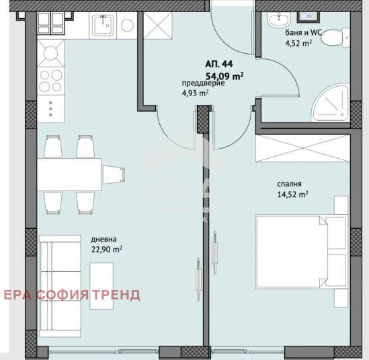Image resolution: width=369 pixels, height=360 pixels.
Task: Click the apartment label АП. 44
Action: point(219,64)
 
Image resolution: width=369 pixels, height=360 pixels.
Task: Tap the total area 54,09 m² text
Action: point(224,76)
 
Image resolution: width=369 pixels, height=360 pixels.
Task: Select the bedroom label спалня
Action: point(289,184)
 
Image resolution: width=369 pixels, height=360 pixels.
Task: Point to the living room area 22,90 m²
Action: point(107,249)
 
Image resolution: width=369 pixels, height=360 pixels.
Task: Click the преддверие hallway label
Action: point(204,83)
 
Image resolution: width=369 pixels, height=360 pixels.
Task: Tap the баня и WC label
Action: point(303,33)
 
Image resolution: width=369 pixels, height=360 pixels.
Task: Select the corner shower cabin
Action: point(330,103)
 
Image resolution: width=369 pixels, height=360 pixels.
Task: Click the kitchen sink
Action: point(103,26)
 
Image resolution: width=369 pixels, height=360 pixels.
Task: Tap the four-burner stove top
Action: point(50,81)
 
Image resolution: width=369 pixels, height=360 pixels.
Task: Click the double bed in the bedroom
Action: point(302,252)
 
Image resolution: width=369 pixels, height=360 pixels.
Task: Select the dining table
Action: point(69,174)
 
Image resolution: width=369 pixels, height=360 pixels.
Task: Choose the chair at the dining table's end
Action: point(114,174)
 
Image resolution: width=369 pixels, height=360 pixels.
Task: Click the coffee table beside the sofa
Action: point(101,286)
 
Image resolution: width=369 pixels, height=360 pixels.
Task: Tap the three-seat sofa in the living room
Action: point(60,286)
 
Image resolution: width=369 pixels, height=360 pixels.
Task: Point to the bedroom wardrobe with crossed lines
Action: point(302,148)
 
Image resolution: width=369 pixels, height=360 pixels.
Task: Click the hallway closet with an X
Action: point(158,26)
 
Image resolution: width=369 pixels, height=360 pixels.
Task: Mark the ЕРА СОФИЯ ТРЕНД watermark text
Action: point(72,295)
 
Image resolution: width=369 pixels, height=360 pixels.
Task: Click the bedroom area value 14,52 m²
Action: point(293,194)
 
